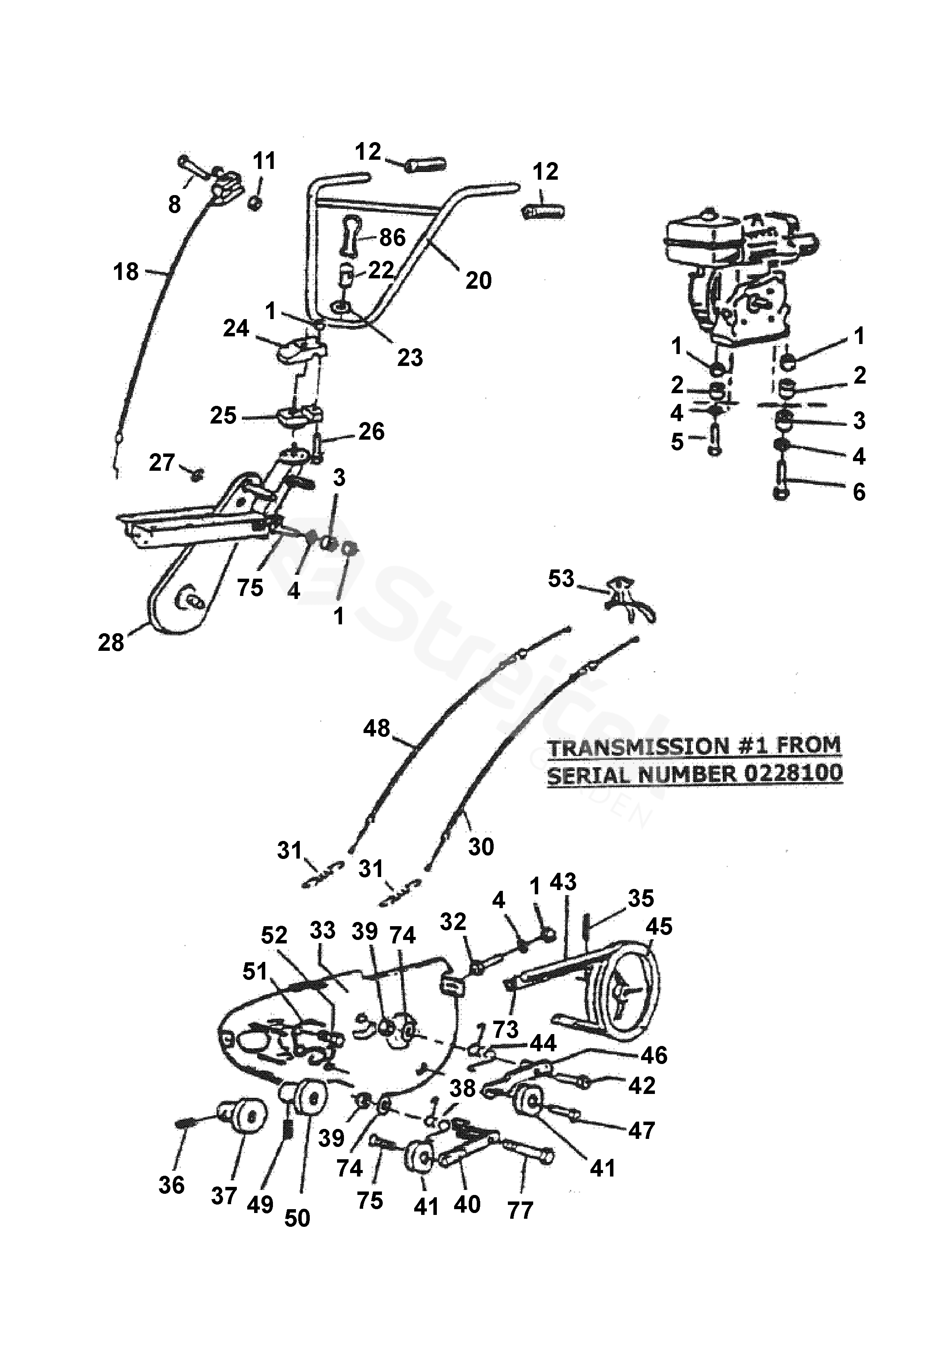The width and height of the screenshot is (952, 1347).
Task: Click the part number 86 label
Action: [392, 238]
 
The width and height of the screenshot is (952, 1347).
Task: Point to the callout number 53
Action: [561, 578]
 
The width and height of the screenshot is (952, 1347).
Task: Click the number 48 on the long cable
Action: [377, 728]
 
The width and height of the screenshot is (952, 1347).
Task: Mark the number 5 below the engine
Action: [678, 442]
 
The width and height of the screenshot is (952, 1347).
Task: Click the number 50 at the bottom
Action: [297, 1218]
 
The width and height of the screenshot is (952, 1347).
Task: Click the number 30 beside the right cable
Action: [481, 847]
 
